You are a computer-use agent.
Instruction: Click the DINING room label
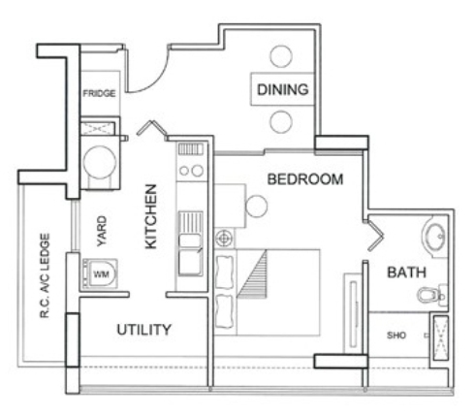(282, 89)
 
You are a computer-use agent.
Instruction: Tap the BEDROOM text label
(305, 179)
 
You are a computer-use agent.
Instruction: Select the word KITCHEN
(151, 216)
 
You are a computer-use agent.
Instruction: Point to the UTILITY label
(143, 330)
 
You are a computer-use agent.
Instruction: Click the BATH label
(407, 272)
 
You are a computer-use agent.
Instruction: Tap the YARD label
(102, 231)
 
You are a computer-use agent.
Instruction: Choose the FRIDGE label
(99, 93)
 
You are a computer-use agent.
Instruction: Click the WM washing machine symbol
(100, 274)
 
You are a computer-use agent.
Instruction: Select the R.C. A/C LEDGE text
(45, 275)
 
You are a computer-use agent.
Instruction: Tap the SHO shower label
(396, 336)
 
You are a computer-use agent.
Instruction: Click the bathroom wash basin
(434, 237)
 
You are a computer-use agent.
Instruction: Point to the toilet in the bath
(432, 296)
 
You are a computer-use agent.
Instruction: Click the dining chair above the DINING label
(281, 56)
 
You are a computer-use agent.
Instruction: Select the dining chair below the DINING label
(281, 122)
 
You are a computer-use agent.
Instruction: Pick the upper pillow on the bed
(225, 272)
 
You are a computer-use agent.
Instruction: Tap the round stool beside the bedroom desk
(256, 207)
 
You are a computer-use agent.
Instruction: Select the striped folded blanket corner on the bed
(255, 274)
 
